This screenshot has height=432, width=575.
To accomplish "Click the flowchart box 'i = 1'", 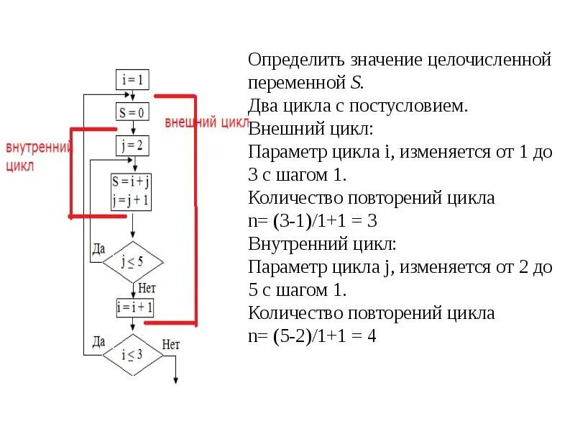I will (132, 78).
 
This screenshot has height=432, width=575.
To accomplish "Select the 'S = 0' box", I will (132, 112).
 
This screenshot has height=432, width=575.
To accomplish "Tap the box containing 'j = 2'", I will (132, 146).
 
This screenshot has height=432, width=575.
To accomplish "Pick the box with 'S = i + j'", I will (131, 191).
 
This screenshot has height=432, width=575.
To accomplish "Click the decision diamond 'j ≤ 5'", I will (132, 260).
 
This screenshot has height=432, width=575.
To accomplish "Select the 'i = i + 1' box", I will (134, 307).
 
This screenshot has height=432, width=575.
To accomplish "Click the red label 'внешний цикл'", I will (206, 122).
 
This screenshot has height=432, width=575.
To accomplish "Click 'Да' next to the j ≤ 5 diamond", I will (98, 248).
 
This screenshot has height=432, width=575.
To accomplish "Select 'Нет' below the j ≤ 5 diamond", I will (147, 288).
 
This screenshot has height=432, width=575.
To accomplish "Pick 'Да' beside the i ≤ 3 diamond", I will (98, 341).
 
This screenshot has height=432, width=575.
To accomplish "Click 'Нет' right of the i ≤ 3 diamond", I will (171, 345).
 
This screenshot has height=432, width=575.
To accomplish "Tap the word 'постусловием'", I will (408, 106).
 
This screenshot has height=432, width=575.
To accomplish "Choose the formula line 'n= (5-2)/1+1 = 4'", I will (313, 336).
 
